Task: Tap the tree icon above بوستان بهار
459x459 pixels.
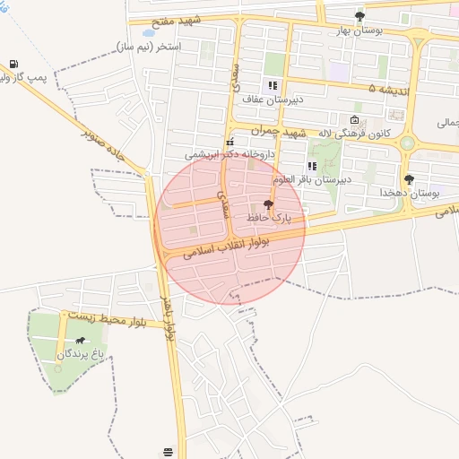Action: coord(359,16)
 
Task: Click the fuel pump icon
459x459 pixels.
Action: coord(13,64)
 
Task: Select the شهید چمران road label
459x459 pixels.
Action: coord(279,132)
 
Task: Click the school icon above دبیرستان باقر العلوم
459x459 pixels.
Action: coord(312,165)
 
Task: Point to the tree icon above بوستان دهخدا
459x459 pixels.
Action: coord(410,179)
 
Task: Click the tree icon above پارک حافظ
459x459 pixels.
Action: coord(268,204)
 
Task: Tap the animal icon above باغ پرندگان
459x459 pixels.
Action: coord(82,341)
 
